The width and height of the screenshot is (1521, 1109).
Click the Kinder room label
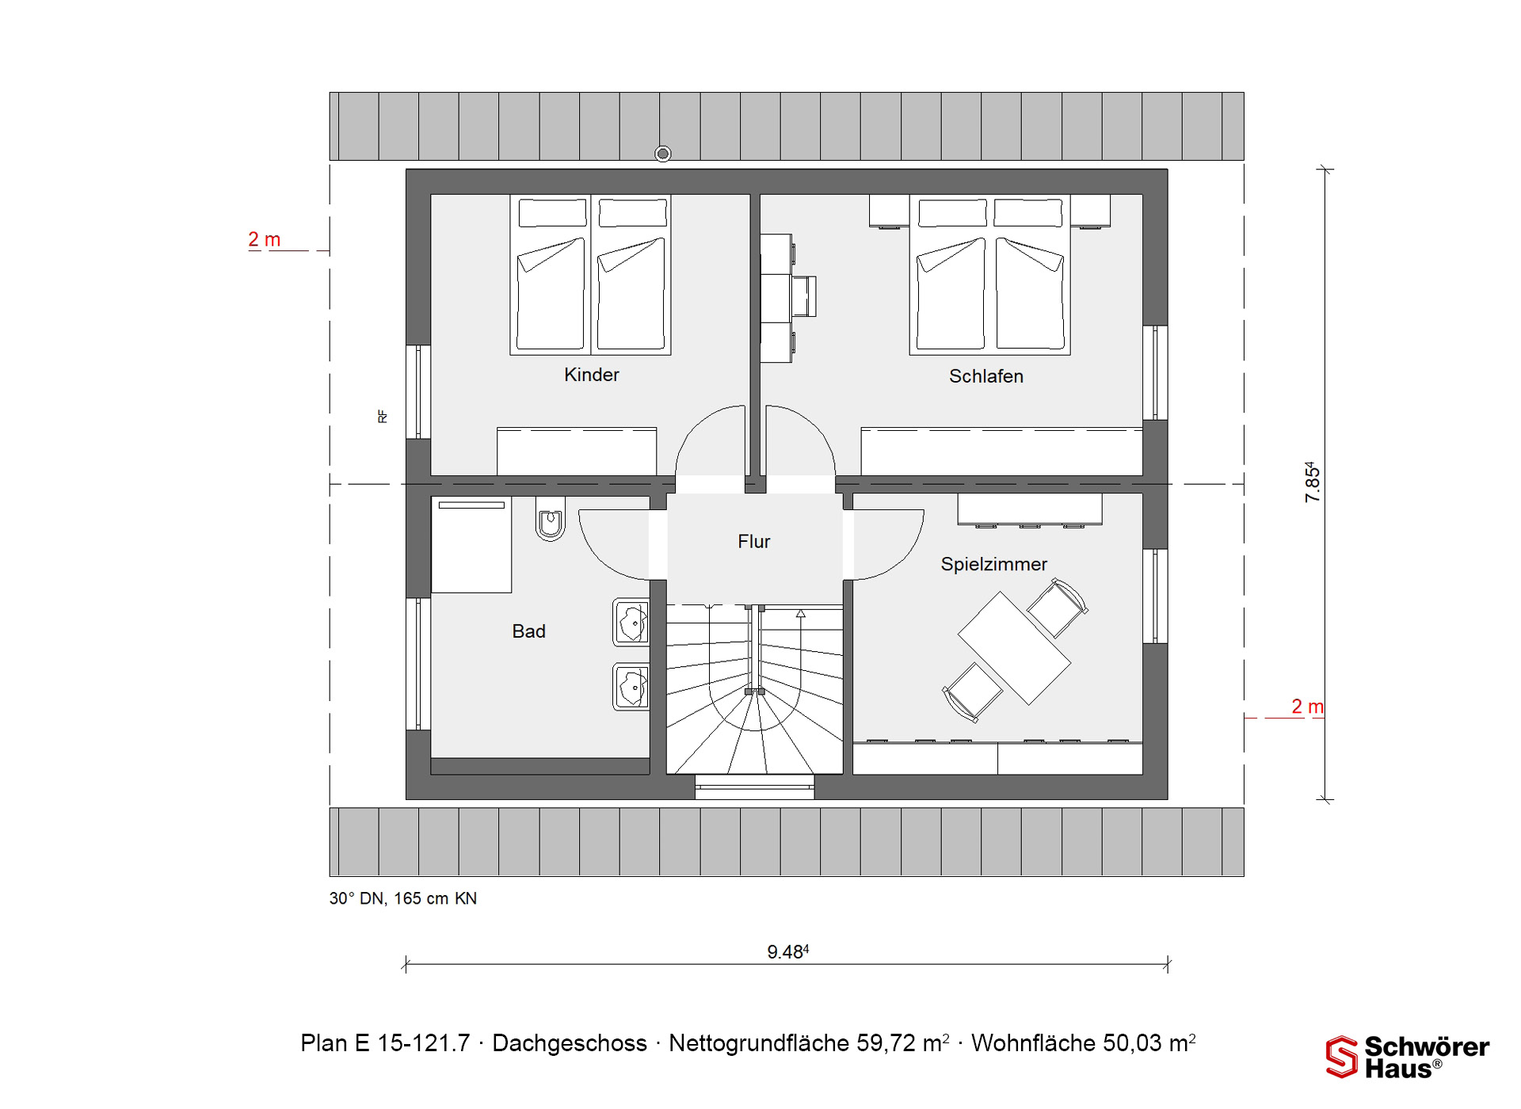pos(591,375)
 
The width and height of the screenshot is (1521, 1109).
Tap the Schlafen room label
pos(986,376)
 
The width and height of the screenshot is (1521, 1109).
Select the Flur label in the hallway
pos(753,542)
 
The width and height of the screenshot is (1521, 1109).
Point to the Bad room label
pos(528,631)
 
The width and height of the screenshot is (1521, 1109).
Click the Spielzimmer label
pos(993,564)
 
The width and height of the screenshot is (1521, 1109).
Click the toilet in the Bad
pos(550,519)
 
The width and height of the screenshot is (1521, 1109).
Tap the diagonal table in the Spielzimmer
pos(1014,648)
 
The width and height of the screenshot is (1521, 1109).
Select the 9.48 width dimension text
pos(787,951)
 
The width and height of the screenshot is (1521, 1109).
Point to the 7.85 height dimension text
pos(1312,482)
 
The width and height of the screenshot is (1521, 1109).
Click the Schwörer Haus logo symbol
pos(1342,1057)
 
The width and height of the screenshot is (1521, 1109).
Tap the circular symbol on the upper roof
pos(663,154)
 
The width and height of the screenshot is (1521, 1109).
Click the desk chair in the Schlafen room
pos(804,296)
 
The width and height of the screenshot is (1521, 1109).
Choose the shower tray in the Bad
pos(471,545)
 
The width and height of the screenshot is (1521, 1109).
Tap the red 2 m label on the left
pos(264,239)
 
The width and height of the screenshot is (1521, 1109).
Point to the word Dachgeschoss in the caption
pos(570,1043)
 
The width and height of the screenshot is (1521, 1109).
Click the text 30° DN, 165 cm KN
pos(403,898)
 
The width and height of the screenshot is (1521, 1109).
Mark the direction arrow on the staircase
pos(801,613)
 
